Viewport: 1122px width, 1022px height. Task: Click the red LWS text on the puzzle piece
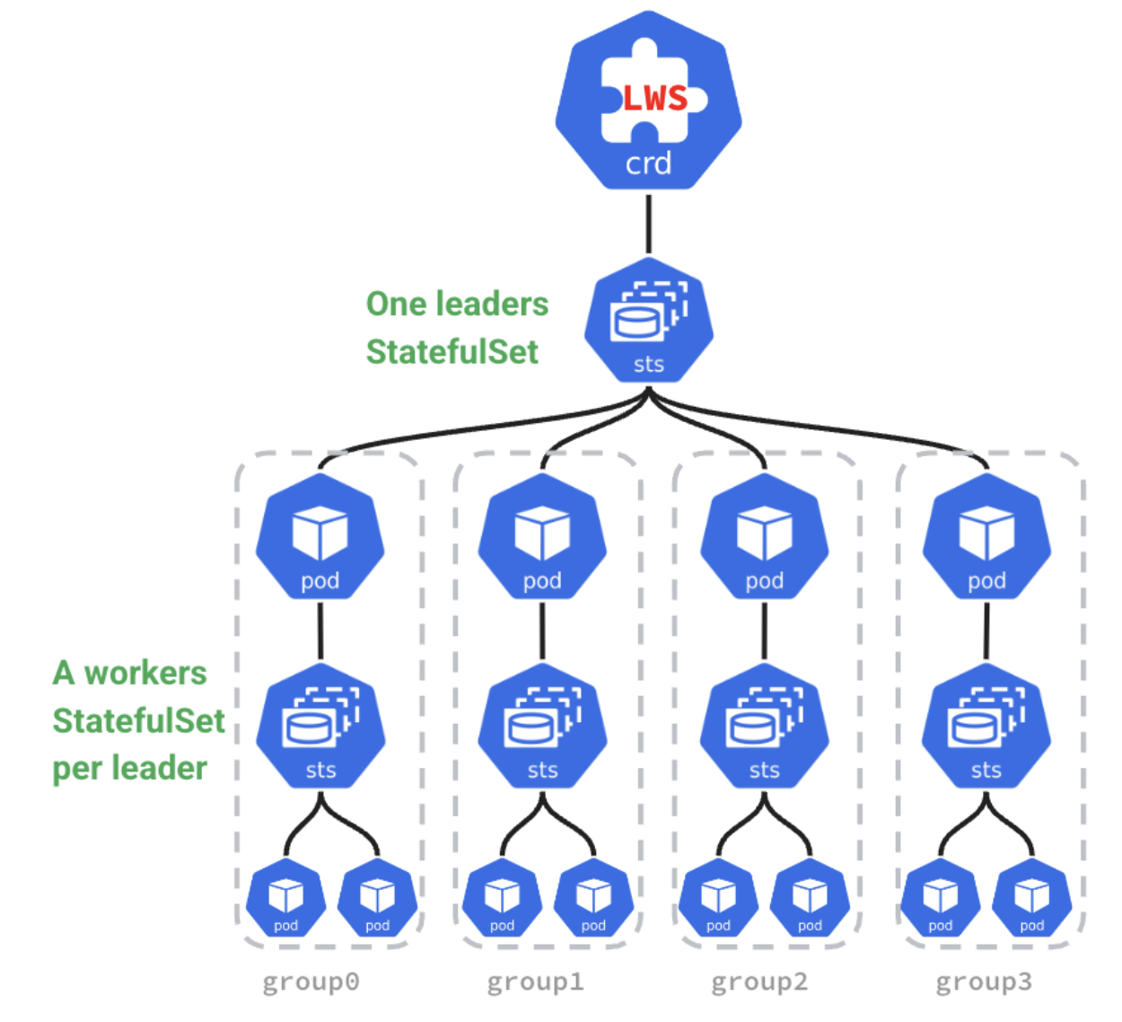pos(655,98)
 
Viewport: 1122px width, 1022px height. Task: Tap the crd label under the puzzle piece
pos(648,163)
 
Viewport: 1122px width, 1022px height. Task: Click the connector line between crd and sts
pos(648,223)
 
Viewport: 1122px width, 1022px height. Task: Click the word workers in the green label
pos(145,673)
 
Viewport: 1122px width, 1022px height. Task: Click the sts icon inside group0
pos(320,727)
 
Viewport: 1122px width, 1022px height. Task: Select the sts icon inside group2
pos(764,727)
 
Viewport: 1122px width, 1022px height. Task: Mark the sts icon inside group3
pos(986,727)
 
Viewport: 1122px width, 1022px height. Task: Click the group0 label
pos(311,982)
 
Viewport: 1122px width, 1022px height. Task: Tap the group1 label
pos(535,982)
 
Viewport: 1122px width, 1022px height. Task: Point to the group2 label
pos(759,982)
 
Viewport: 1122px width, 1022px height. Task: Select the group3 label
pos(984,982)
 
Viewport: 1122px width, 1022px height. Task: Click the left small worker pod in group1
pos(502,899)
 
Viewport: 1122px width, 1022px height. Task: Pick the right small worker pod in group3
pos(1032,899)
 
